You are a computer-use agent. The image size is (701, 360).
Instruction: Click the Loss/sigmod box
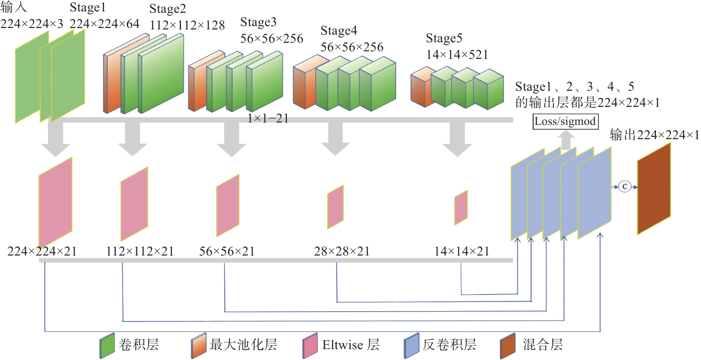[x=565, y=121]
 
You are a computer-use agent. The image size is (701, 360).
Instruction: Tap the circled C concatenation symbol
[x=625, y=187]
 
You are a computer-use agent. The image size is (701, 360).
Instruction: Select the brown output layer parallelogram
[x=654, y=189]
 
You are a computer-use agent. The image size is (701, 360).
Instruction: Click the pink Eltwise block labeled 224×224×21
[x=56, y=203]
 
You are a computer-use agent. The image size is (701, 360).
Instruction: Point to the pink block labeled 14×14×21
[x=461, y=208]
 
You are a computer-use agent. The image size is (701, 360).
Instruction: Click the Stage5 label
[x=444, y=38]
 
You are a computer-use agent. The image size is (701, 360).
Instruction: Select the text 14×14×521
[x=457, y=55]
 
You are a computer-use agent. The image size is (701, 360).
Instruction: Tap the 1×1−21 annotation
[x=268, y=119]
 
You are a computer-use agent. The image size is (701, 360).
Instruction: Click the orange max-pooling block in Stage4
[x=304, y=83]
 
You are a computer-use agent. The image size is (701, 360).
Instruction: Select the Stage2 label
[x=168, y=9]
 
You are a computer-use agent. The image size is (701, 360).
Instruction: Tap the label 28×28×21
[x=341, y=251]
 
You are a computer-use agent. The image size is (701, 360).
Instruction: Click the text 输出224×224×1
[x=654, y=135]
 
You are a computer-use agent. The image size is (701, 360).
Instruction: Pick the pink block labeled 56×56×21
[x=227, y=205]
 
